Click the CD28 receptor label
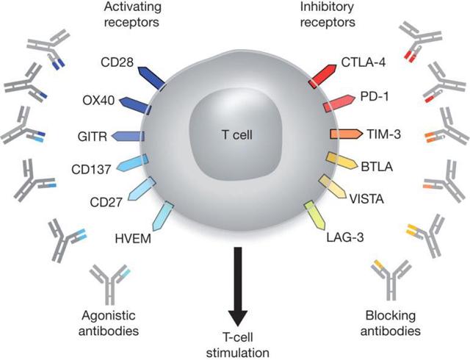coord(117,62)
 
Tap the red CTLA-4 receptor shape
coord(322,76)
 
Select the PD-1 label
coord(374,96)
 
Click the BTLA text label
coord(377,167)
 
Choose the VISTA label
coord(366,198)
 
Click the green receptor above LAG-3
coord(315,215)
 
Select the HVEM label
coord(133,239)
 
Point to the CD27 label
coord(106,202)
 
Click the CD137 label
coord(91,170)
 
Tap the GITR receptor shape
coord(128,136)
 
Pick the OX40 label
coord(98,101)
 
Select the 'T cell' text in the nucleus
coord(236,134)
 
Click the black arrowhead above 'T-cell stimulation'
coord(238,318)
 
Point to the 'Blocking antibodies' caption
coord(391,323)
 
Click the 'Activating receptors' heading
coord(132,15)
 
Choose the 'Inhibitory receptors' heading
coord(328,15)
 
